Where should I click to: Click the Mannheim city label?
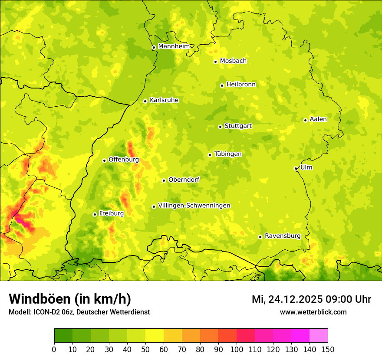click(174, 46)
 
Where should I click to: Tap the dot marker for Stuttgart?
click(220, 127)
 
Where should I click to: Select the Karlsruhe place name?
click(164, 100)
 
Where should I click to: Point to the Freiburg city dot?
click(95, 214)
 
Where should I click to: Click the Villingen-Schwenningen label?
click(194, 206)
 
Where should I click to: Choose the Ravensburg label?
click(283, 236)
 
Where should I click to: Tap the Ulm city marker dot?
click(296, 168)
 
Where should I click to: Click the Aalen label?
click(318, 119)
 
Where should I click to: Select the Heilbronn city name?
click(241, 85)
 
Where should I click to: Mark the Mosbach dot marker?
click(215, 62)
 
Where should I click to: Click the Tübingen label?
click(228, 154)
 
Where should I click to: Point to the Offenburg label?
click(124, 160)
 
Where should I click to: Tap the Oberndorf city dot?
click(164, 180)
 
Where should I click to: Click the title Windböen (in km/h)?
click(70, 299)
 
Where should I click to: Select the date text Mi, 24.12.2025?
click(287, 299)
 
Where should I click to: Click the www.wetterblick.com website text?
click(313, 312)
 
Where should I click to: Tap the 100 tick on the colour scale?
click(236, 349)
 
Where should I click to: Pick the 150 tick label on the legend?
click(328, 349)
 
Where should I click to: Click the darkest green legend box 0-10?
click(63, 335)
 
